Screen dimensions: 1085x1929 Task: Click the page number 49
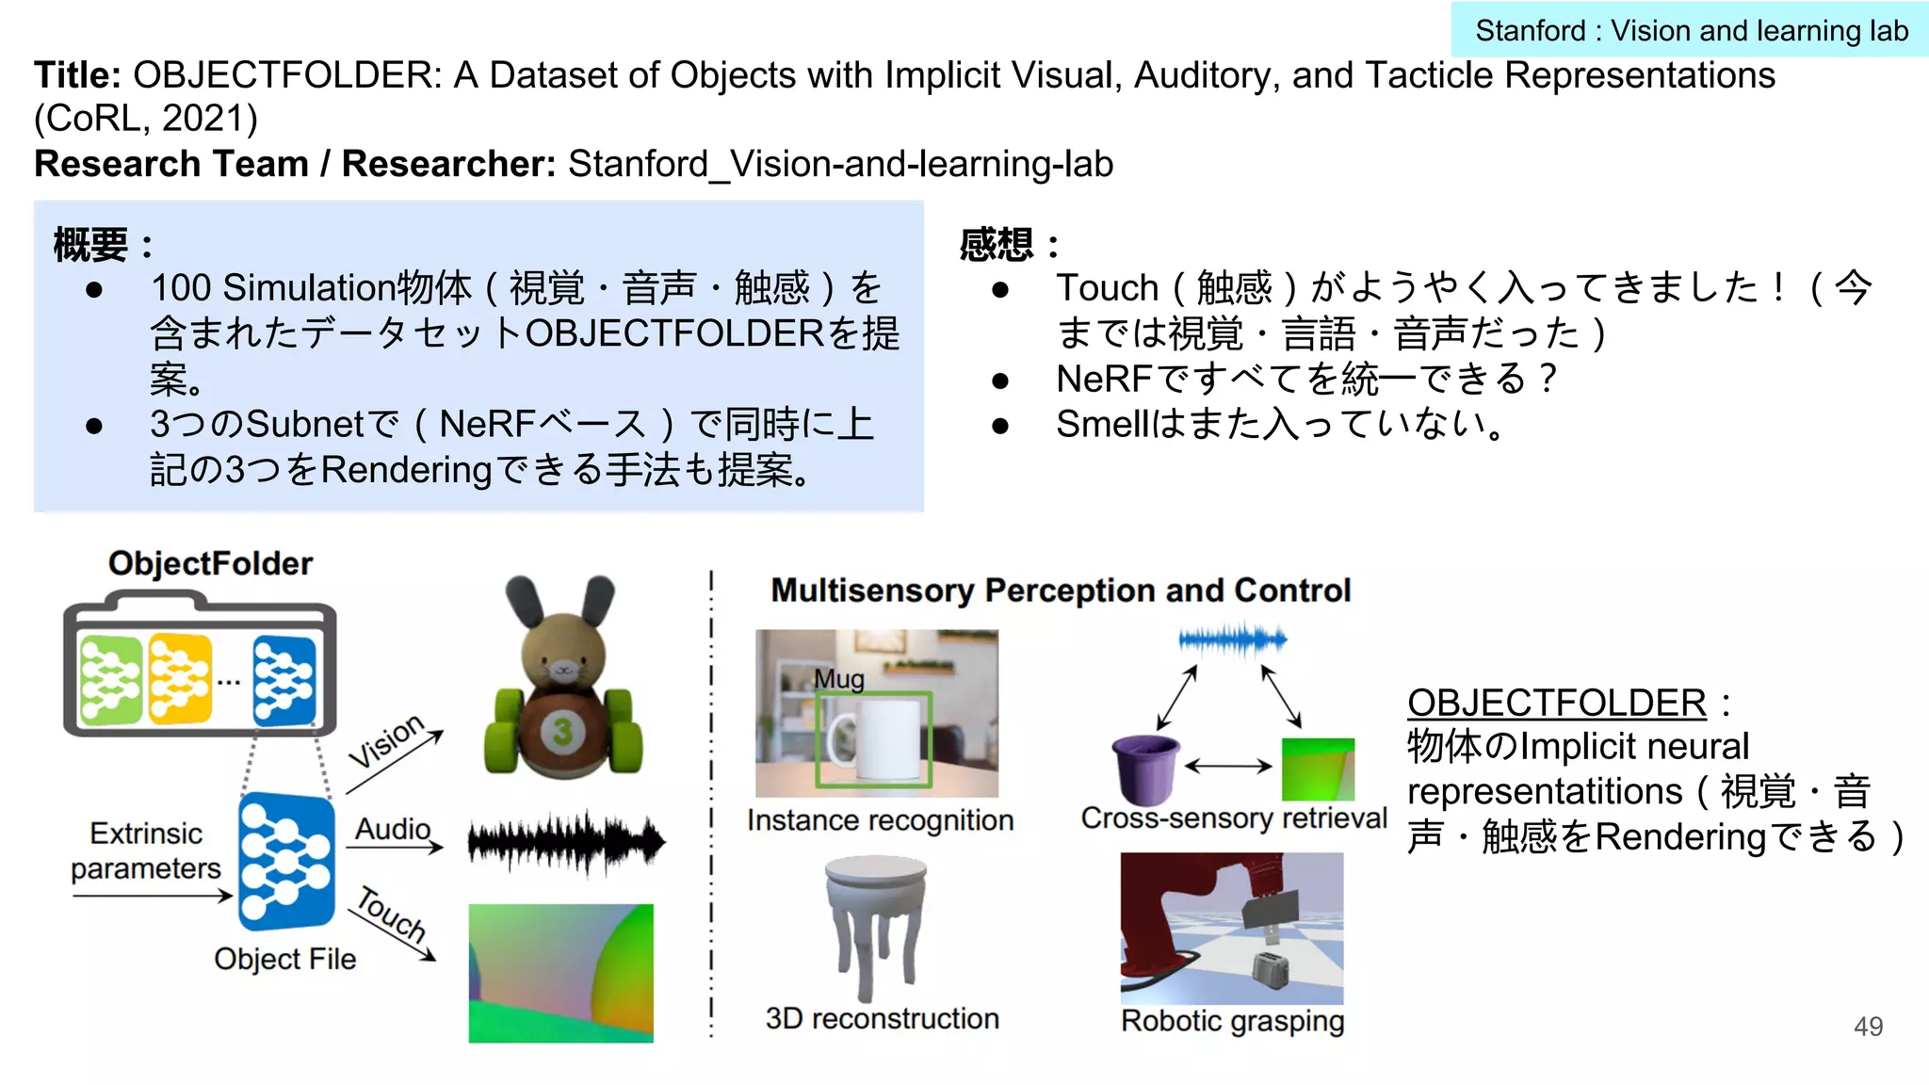pyautogui.click(x=1868, y=1026)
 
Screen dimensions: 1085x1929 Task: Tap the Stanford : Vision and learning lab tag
pyautogui.click(x=1691, y=31)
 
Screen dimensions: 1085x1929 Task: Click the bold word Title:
pyautogui.click(x=77, y=75)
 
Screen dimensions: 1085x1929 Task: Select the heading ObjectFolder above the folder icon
pyautogui.click(x=210, y=563)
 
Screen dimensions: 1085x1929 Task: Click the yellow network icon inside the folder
pyautogui.click(x=180, y=678)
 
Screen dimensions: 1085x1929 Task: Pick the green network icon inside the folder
pyautogui.click(x=111, y=679)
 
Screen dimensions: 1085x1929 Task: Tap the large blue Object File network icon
pyautogui.click(x=286, y=862)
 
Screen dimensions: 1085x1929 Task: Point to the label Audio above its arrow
pyautogui.click(x=393, y=829)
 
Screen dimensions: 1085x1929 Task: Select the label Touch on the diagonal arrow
pyautogui.click(x=391, y=913)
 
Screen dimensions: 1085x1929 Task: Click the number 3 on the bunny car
pyautogui.click(x=562, y=732)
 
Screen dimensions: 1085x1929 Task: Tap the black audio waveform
pyautogui.click(x=566, y=841)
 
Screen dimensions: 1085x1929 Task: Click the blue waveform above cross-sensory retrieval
pyautogui.click(x=1232, y=640)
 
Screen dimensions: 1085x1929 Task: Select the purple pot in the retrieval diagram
pyautogui.click(x=1145, y=769)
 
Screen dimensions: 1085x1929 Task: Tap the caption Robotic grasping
pyautogui.click(x=1232, y=1021)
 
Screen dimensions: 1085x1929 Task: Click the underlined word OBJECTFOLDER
pyautogui.click(x=1556, y=703)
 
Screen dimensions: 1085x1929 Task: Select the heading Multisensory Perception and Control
pyautogui.click(x=1061, y=591)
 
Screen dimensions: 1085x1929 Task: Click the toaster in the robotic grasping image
pyautogui.click(x=1271, y=970)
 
